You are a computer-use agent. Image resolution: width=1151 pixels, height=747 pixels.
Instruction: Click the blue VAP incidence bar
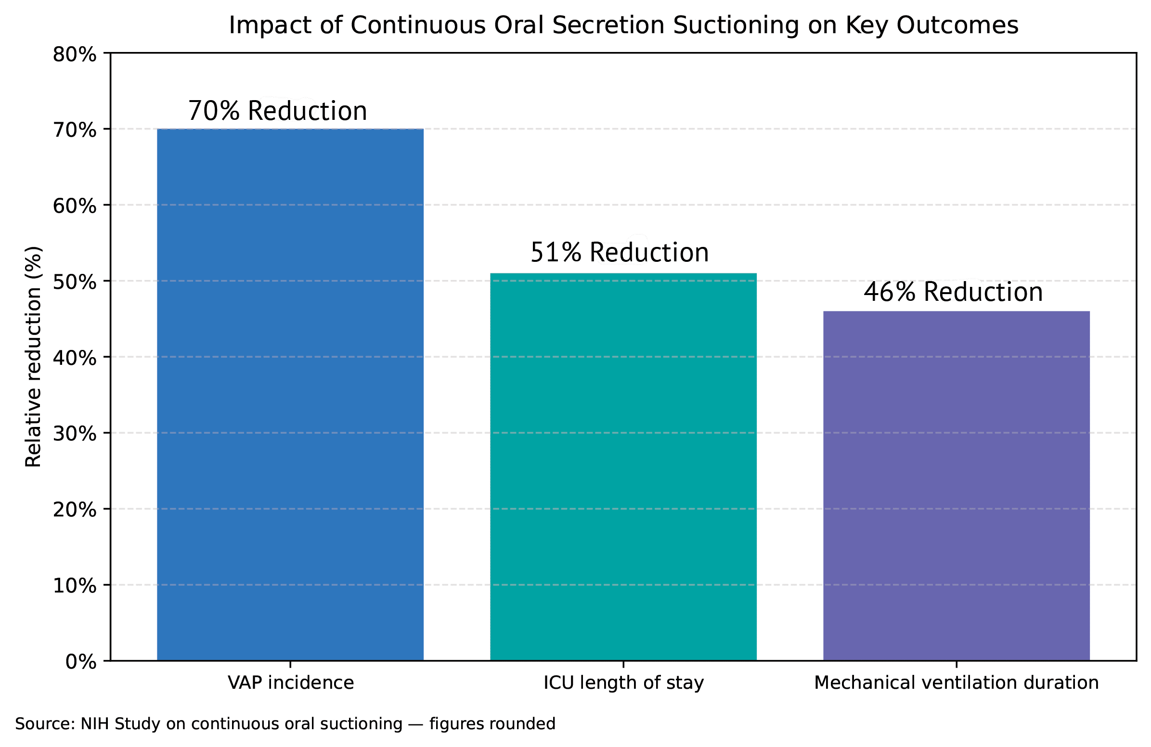(290, 394)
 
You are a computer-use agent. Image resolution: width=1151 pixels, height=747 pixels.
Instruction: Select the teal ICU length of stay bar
(623, 466)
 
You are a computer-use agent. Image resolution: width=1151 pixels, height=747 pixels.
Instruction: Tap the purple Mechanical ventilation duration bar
(956, 486)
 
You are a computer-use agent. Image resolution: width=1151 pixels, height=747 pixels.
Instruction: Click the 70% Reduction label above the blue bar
(277, 111)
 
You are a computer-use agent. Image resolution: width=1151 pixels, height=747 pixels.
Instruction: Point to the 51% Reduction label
(620, 252)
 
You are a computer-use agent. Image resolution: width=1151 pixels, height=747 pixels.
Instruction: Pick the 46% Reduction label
(953, 292)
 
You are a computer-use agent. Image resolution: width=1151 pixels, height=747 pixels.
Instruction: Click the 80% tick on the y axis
(75, 55)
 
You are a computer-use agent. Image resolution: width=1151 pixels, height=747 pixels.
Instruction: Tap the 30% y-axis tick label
(75, 434)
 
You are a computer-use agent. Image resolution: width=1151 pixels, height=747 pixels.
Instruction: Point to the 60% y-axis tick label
(75, 206)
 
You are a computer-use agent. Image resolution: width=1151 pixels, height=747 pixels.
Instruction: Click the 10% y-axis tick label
(75, 585)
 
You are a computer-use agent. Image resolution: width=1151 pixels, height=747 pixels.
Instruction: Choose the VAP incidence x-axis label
(291, 683)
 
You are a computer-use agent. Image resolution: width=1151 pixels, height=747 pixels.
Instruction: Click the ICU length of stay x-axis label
(623, 683)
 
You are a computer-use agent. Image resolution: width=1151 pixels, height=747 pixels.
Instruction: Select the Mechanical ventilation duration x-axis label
(956, 683)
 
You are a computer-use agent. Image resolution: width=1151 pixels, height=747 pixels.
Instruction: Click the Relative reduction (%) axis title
(33, 357)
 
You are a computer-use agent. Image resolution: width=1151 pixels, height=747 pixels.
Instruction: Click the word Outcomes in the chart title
(957, 25)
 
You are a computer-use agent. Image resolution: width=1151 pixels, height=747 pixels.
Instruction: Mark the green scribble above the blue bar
(288, 109)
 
